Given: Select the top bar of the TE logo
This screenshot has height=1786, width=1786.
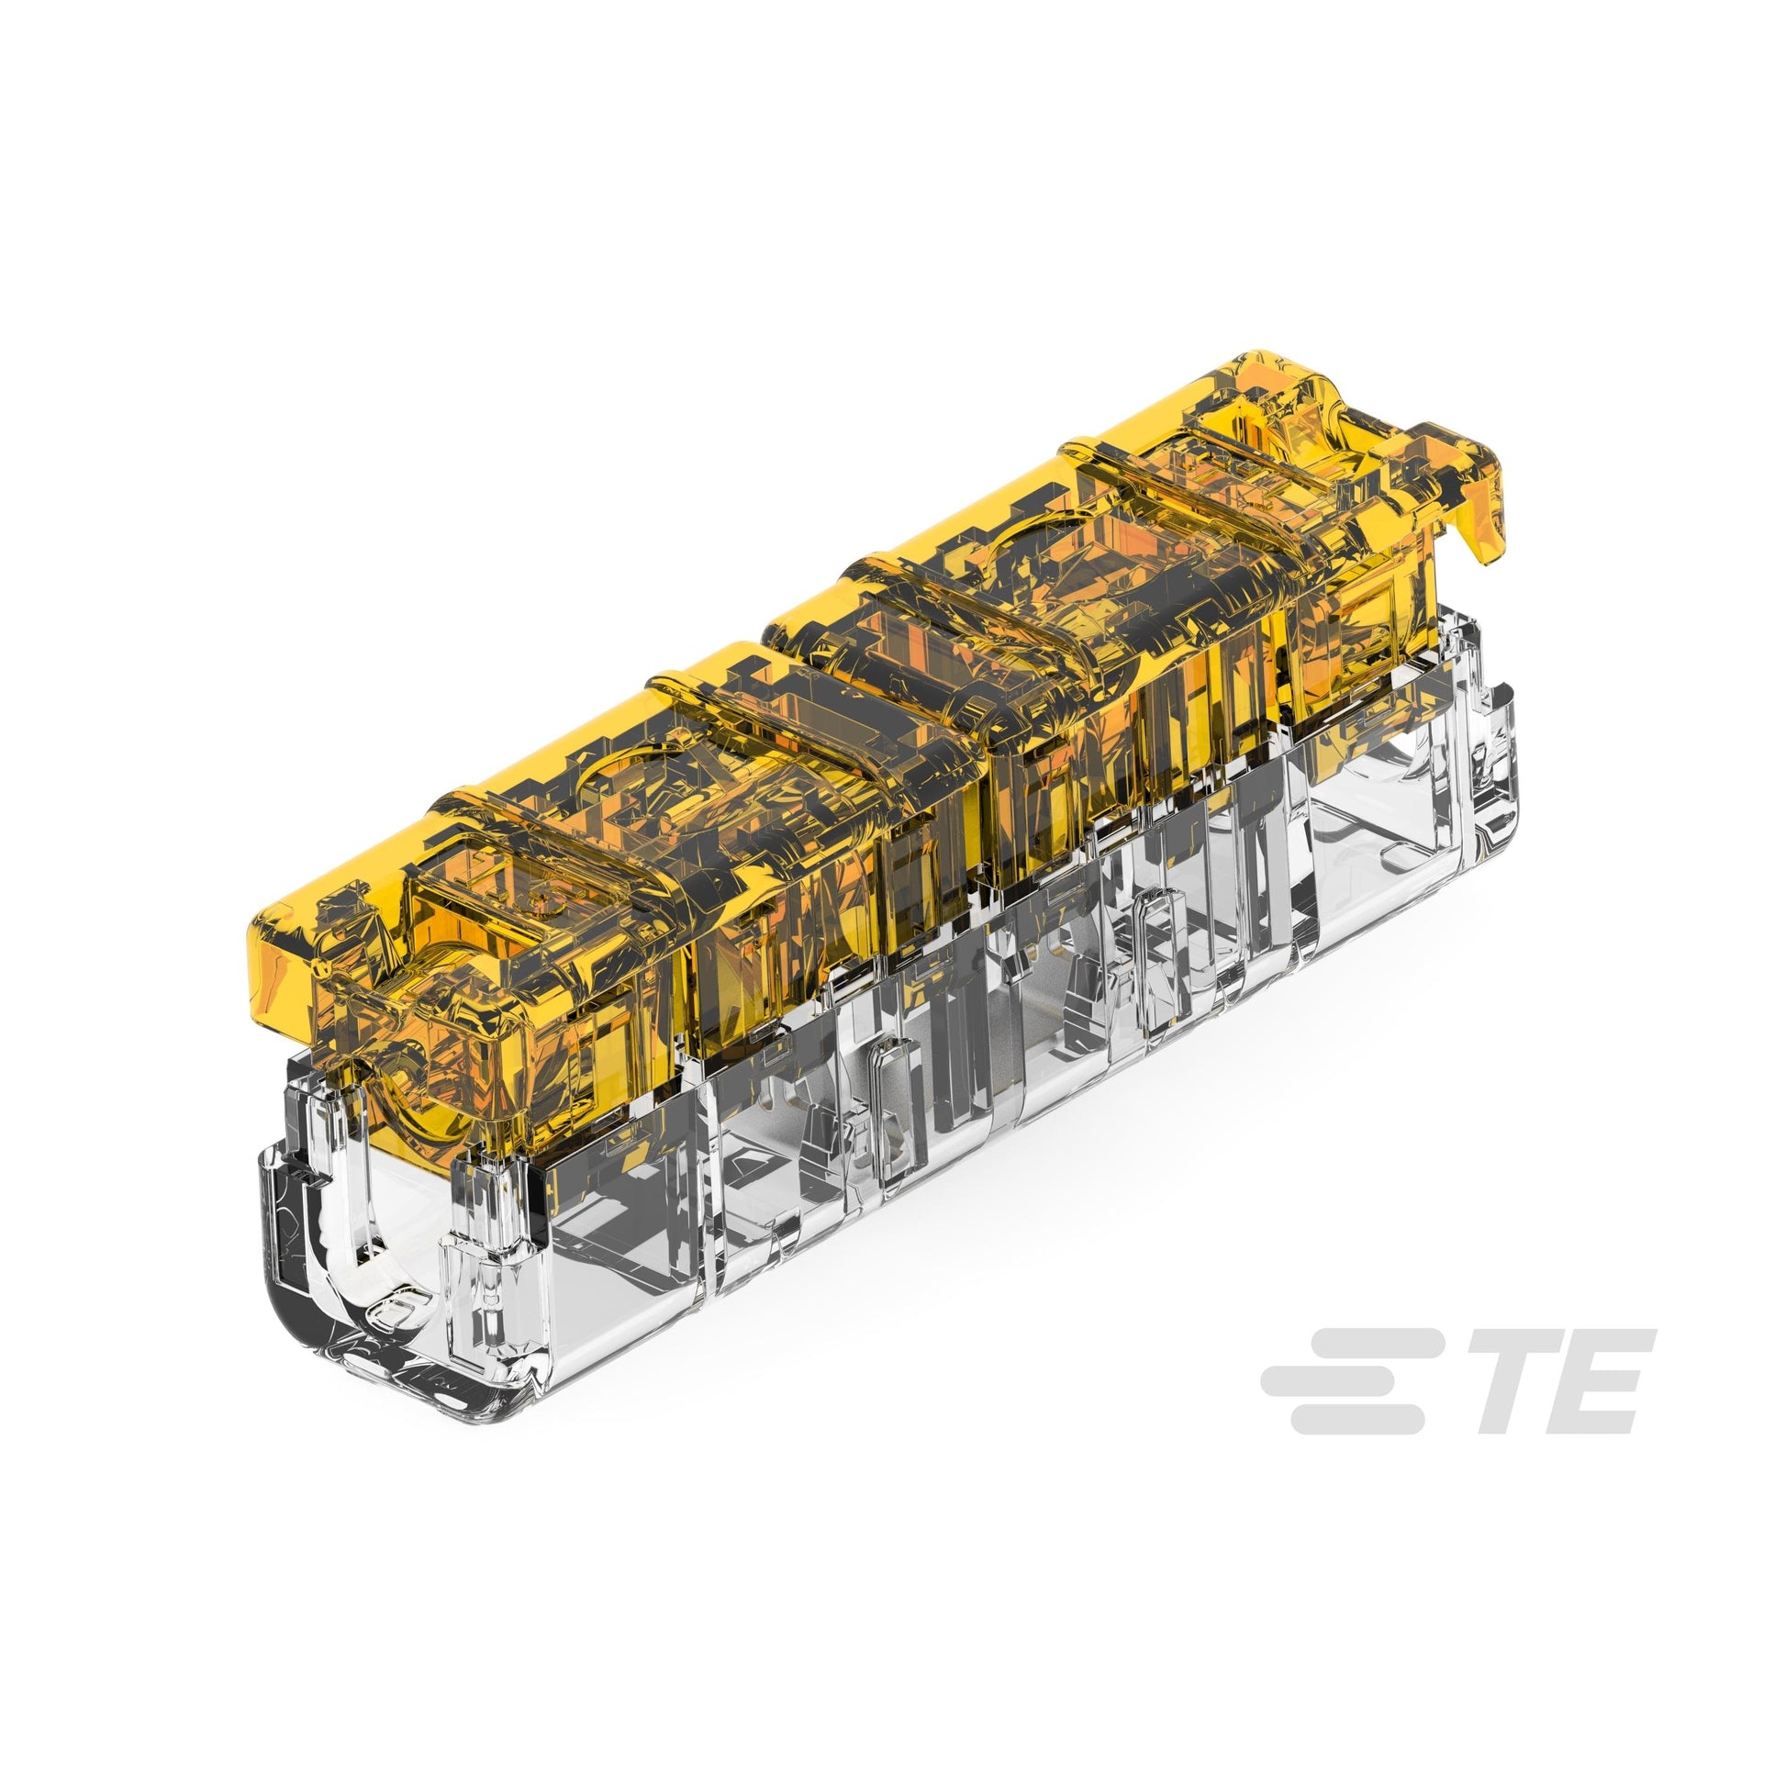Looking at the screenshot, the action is coord(1379,1342).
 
